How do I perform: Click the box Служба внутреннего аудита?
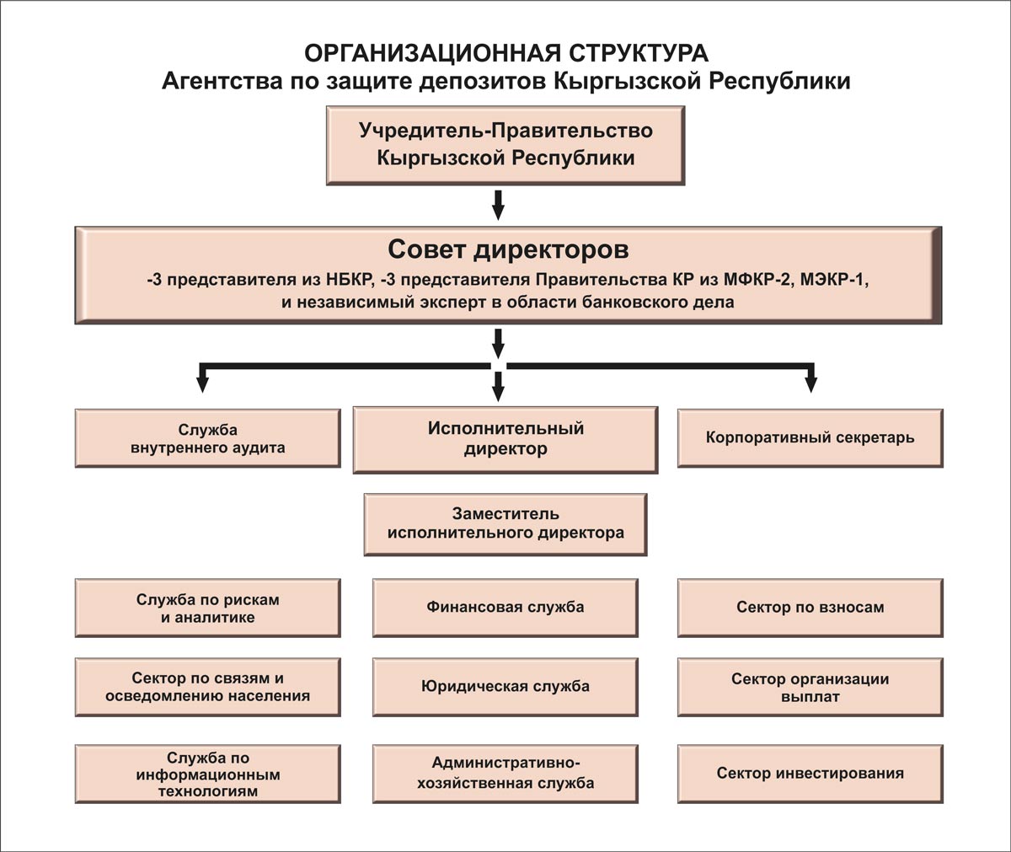pyautogui.click(x=208, y=438)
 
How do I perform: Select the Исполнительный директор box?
pyautogui.click(x=505, y=440)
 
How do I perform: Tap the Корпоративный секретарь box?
pyautogui.click(x=810, y=438)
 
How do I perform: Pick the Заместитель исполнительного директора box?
pyautogui.click(x=505, y=524)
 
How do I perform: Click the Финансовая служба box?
pyautogui.click(x=505, y=608)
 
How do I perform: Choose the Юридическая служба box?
pyautogui.click(x=505, y=688)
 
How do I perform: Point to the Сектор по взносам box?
pyautogui.click(x=810, y=608)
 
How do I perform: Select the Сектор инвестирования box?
pyautogui.click(x=810, y=774)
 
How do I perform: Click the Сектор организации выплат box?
pyautogui.click(x=810, y=688)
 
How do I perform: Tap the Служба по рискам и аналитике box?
pyautogui.click(x=208, y=608)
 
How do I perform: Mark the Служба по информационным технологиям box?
pyautogui.click(x=208, y=774)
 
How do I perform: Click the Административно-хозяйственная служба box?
pyautogui.click(x=505, y=774)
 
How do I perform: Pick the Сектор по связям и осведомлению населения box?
pyautogui.click(x=208, y=688)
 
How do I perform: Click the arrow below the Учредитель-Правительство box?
pyautogui.click(x=498, y=206)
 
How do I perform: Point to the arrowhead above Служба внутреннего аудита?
pyautogui.click(x=203, y=385)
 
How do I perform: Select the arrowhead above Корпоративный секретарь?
pyautogui.click(x=811, y=385)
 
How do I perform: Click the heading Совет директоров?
pyautogui.click(x=508, y=250)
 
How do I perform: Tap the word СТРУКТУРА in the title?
pyautogui.click(x=639, y=53)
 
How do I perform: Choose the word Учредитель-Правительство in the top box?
pyautogui.click(x=506, y=131)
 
